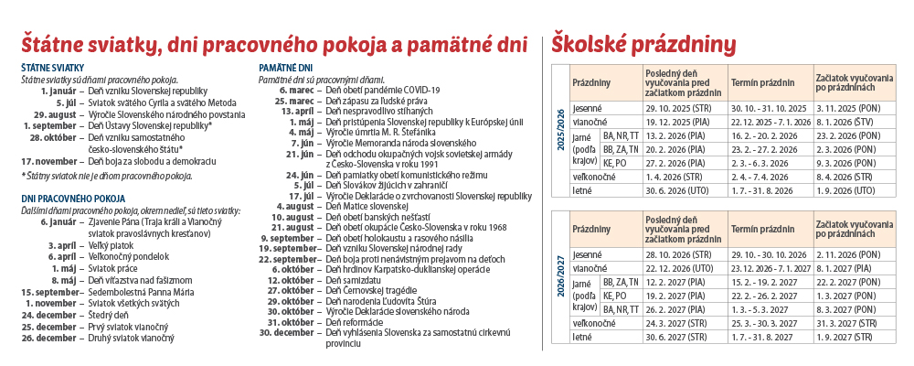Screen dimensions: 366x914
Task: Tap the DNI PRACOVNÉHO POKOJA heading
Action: click(x=74, y=199)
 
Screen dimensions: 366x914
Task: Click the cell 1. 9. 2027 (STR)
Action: click(x=851, y=337)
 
